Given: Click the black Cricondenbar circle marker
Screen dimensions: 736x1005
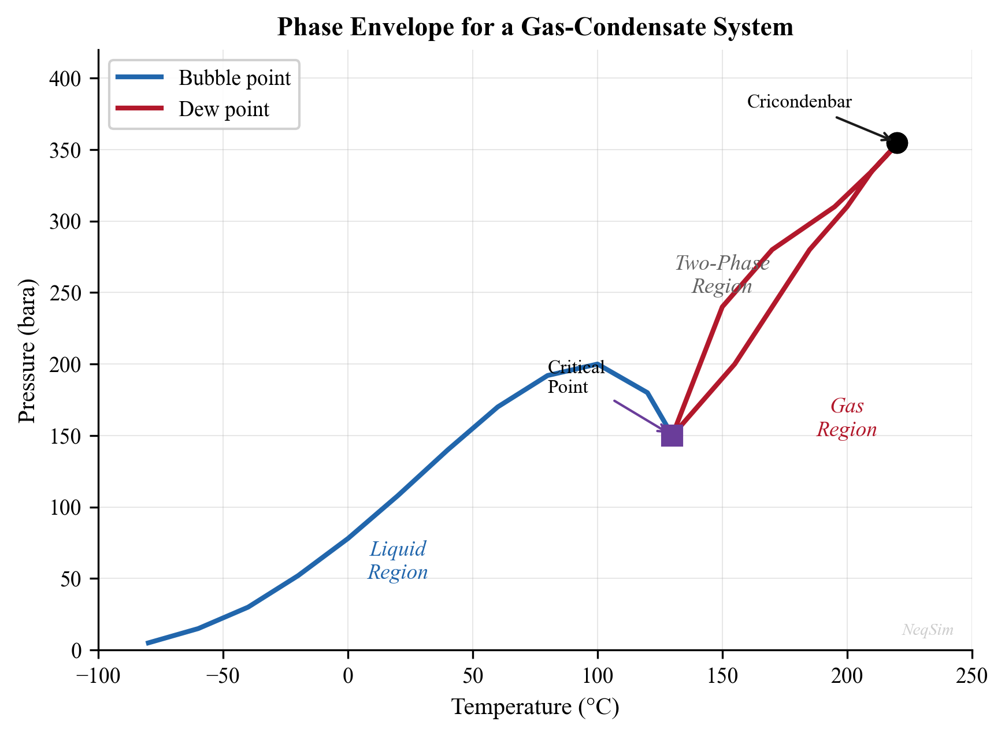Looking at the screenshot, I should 897,143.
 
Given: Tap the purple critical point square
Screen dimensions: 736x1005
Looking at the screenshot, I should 672,436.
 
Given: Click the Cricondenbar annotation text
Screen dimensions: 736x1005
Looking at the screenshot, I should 799,102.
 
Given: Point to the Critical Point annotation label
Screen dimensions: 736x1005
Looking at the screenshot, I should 576,377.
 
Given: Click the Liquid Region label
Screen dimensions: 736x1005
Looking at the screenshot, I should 398,560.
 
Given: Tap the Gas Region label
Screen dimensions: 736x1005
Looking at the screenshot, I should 847,418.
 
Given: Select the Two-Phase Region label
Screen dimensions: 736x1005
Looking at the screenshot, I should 722,275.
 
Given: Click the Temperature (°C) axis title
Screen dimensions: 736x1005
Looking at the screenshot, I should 535,707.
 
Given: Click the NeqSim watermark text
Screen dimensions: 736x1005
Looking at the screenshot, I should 928,630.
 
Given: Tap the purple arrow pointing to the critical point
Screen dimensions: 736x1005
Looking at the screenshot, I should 639,415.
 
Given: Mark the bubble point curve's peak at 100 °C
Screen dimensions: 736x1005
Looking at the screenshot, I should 598,364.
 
